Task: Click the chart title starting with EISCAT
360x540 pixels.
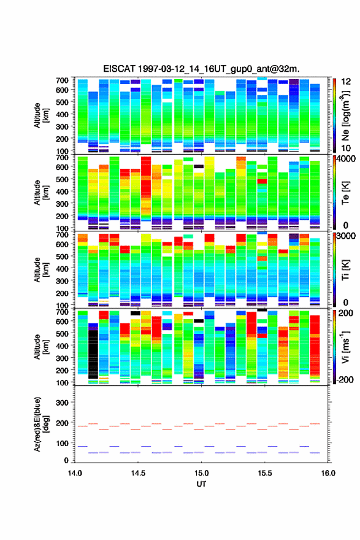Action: point(201,69)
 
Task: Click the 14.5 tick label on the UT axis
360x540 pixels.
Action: point(138,473)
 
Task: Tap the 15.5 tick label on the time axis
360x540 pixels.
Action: point(265,473)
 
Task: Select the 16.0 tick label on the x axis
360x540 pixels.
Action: point(328,473)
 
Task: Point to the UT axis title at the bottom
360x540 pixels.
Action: point(201,484)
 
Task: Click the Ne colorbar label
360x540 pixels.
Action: point(345,116)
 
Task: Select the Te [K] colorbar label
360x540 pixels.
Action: point(345,193)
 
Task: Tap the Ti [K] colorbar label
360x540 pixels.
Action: point(345,269)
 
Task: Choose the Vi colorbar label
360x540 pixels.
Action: point(345,347)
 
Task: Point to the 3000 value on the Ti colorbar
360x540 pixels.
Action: point(347,236)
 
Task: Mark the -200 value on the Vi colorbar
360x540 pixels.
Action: point(345,379)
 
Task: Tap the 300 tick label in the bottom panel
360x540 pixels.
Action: point(63,403)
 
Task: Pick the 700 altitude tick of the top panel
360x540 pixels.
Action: point(63,80)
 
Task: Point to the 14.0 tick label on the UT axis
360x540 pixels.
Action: point(75,473)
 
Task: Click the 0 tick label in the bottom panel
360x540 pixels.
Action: point(66,460)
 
